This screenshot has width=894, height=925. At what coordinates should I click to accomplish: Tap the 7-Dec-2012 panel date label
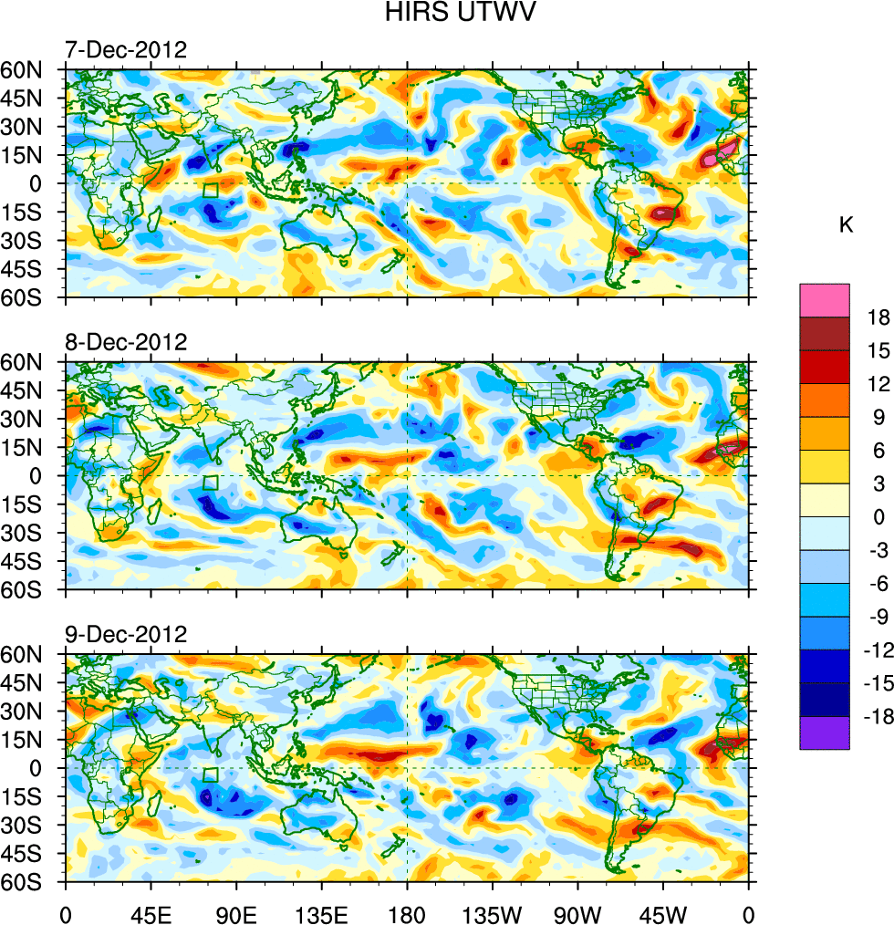125,49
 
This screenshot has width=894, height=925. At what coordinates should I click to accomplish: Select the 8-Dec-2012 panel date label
125,342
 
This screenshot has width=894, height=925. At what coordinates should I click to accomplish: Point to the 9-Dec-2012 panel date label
125,634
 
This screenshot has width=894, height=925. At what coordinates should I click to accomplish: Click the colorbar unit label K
846,224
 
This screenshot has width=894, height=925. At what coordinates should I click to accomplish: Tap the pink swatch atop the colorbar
825,300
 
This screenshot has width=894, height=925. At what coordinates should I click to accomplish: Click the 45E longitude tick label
150,913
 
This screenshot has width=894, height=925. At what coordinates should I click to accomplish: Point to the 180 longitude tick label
407,913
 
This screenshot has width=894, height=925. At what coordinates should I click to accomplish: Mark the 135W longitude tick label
492,913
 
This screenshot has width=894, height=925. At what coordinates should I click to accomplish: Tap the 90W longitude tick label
577,913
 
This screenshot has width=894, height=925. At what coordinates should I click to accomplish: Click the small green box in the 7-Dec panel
211,191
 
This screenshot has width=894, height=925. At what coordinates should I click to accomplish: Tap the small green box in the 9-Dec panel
211,775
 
